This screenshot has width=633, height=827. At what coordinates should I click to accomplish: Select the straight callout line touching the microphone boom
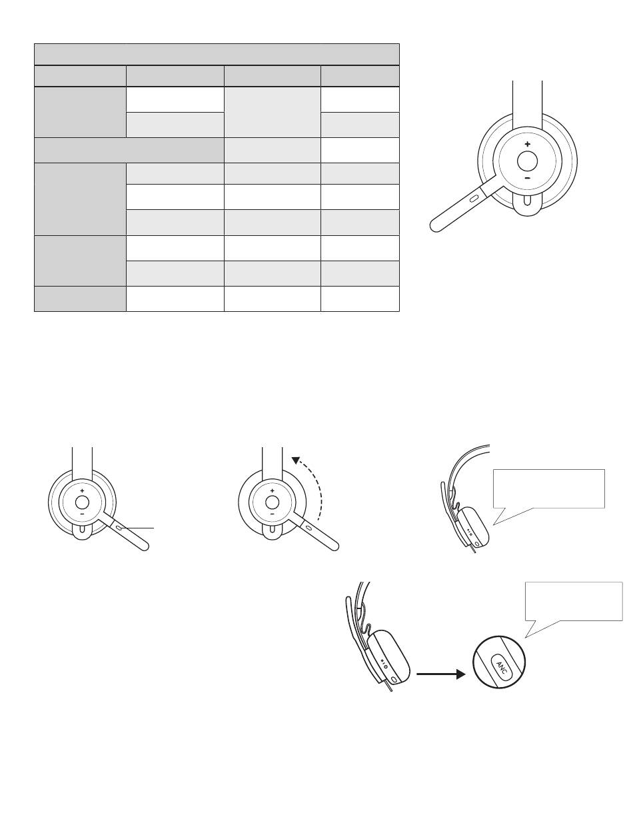click(x=136, y=528)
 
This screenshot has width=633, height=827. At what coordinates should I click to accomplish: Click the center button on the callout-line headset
click(x=82, y=502)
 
